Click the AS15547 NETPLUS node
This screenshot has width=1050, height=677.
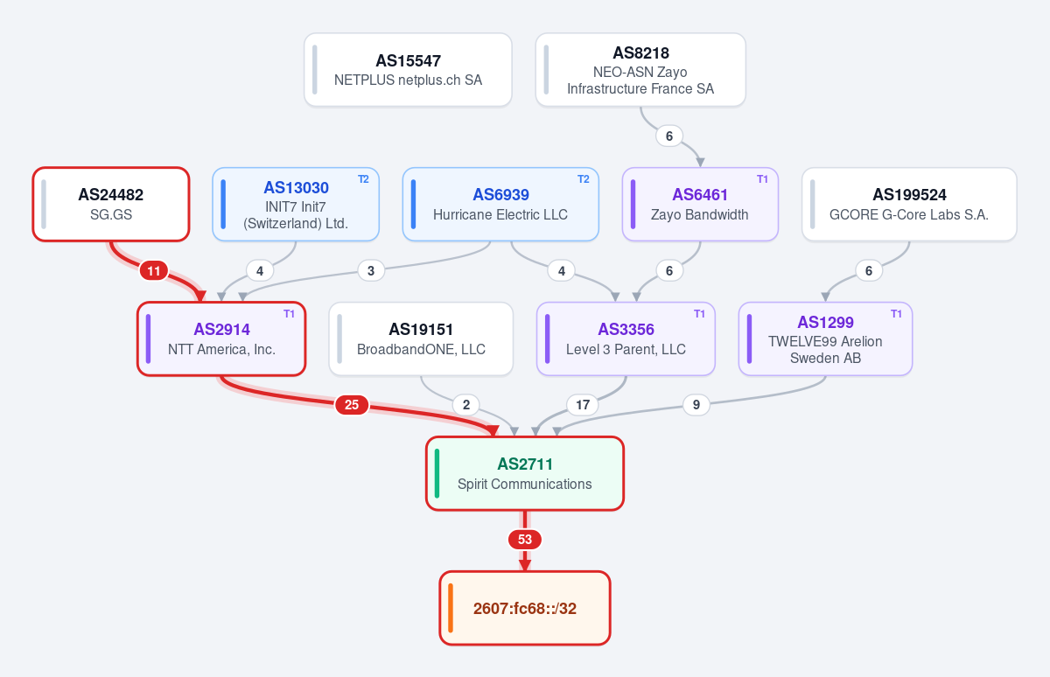(408, 70)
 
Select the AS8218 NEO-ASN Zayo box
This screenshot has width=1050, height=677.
(640, 70)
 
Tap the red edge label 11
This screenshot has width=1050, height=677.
(154, 271)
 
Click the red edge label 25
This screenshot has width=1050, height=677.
(352, 405)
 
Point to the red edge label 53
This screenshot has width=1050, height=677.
(525, 540)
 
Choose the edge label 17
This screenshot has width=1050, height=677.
(583, 405)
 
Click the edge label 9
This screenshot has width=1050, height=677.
(696, 405)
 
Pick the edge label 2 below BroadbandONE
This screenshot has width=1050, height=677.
(465, 405)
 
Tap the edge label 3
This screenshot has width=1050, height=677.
(371, 271)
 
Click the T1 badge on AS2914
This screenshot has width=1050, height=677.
(290, 314)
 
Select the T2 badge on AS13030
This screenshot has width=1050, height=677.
(363, 179)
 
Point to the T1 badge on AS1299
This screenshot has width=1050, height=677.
(896, 314)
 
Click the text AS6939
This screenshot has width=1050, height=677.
(500, 194)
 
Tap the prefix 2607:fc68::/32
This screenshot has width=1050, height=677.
(525, 609)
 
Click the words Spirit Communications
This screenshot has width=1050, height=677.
(525, 484)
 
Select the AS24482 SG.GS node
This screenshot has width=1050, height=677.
(111, 205)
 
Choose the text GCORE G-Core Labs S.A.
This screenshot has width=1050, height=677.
(909, 214)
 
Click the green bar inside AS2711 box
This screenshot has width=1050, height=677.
(437, 473)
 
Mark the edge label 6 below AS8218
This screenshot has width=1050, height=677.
(669, 136)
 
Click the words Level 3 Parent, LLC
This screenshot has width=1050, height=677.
(626, 350)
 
